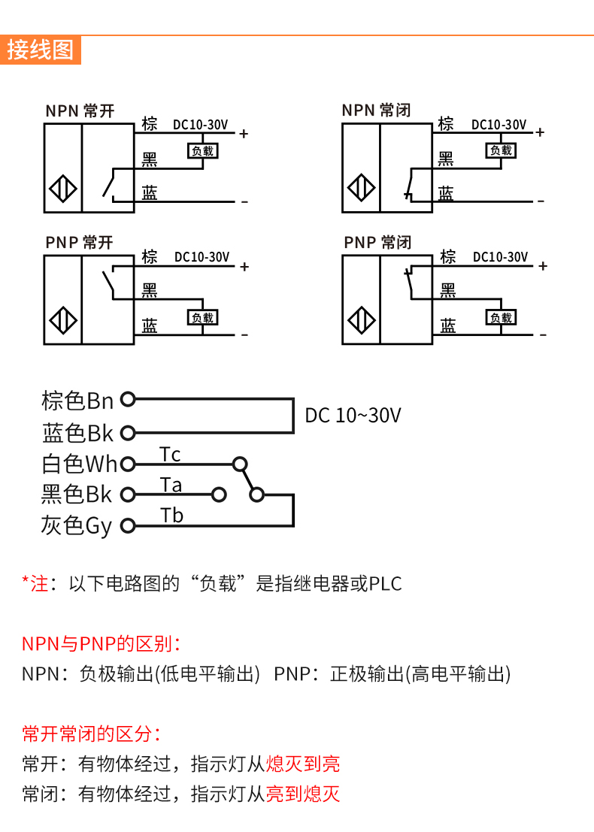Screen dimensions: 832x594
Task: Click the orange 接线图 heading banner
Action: (41, 50)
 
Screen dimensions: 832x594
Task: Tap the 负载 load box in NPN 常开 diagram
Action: (202, 151)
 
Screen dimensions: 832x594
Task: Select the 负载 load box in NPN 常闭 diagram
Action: (500, 150)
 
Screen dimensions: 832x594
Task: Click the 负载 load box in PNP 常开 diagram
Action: (202, 318)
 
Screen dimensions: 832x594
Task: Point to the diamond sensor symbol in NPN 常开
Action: (63, 187)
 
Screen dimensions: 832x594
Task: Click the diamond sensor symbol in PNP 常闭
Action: (360, 321)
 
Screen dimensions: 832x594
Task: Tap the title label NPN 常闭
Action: (376, 110)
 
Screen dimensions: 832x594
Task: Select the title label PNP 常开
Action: (79, 242)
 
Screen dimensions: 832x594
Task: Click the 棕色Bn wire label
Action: (77, 401)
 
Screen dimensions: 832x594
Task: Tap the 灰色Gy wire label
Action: (77, 525)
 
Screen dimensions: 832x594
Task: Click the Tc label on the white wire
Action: (170, 455)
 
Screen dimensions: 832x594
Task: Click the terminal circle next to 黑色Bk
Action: (128, 495)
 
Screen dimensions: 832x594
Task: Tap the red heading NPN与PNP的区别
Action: (102, 644)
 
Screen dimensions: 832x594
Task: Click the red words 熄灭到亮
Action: (303, 764)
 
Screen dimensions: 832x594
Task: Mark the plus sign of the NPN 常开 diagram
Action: (244, 134)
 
